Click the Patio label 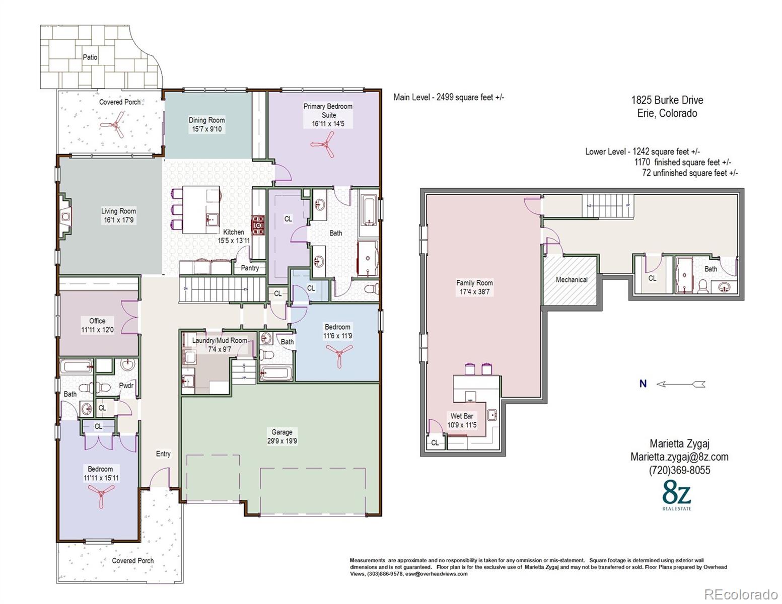coord(90,57)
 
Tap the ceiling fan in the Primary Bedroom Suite coord(324,144)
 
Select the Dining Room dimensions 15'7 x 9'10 coord(206,129)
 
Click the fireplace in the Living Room coord(65,216)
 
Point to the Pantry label coord(250,268)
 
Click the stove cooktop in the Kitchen coord(258,225)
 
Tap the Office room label coord(97,321)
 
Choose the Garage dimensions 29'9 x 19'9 coord(282,441)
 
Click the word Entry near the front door coord(163,454)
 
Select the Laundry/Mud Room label coord(220,340)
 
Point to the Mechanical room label coord(572,279)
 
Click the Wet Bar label coord(462,416)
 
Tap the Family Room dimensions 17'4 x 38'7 coord(475,291)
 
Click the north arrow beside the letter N coord(681,384)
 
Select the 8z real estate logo coord(677,497)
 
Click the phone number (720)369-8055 coord(679,470)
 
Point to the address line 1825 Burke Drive coord(667,100)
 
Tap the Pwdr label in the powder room coord(126,385)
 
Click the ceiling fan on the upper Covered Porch coord(115,125)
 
